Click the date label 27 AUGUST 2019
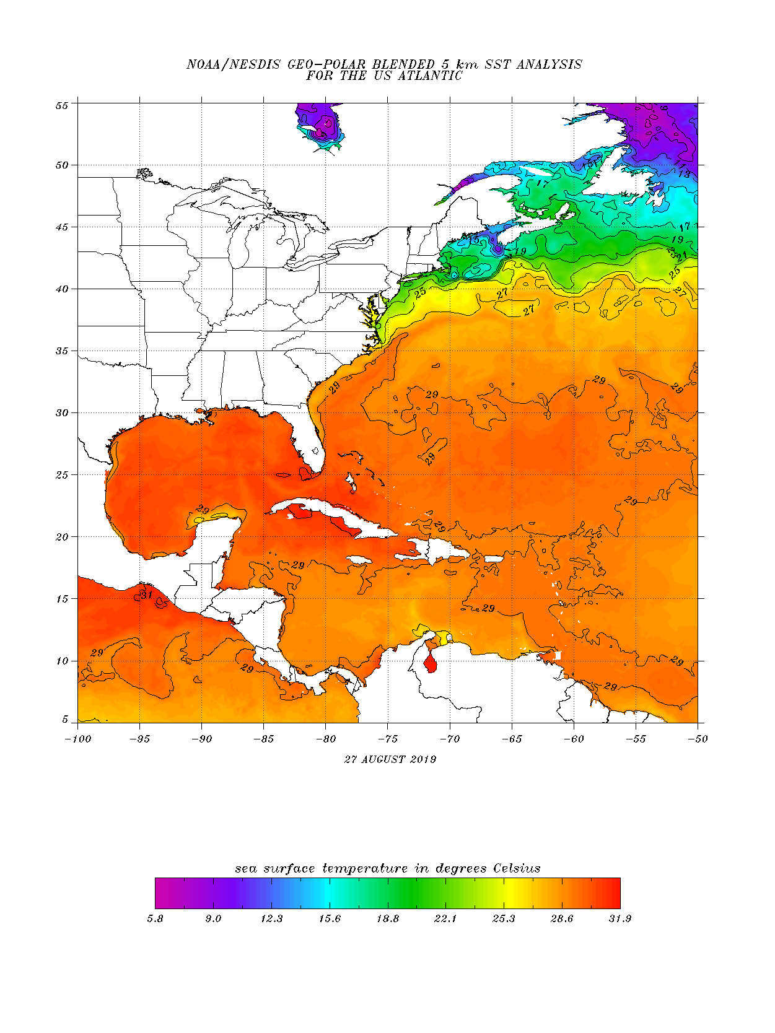(x=390, y=759)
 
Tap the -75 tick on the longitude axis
(x=388, y=739)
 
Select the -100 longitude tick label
(x=77, y=739)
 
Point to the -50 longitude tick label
(x=698, y=739)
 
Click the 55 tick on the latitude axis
(x=61, y=105)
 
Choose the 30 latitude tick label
(x=61, y=413)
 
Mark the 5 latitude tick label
(x=64, y=720)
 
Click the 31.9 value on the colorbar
(x=620, y=918)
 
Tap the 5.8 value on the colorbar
(x=155, y=918)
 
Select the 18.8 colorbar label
(x=388, y=918)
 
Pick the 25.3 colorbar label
(x=504, y=918)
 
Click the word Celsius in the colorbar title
(x=517, y=868)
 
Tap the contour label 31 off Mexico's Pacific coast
(x=146, y=595)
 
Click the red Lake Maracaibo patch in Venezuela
(x=430, y=665)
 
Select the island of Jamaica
(x=358, y=560)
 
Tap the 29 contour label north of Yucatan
(x=203, y=510)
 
